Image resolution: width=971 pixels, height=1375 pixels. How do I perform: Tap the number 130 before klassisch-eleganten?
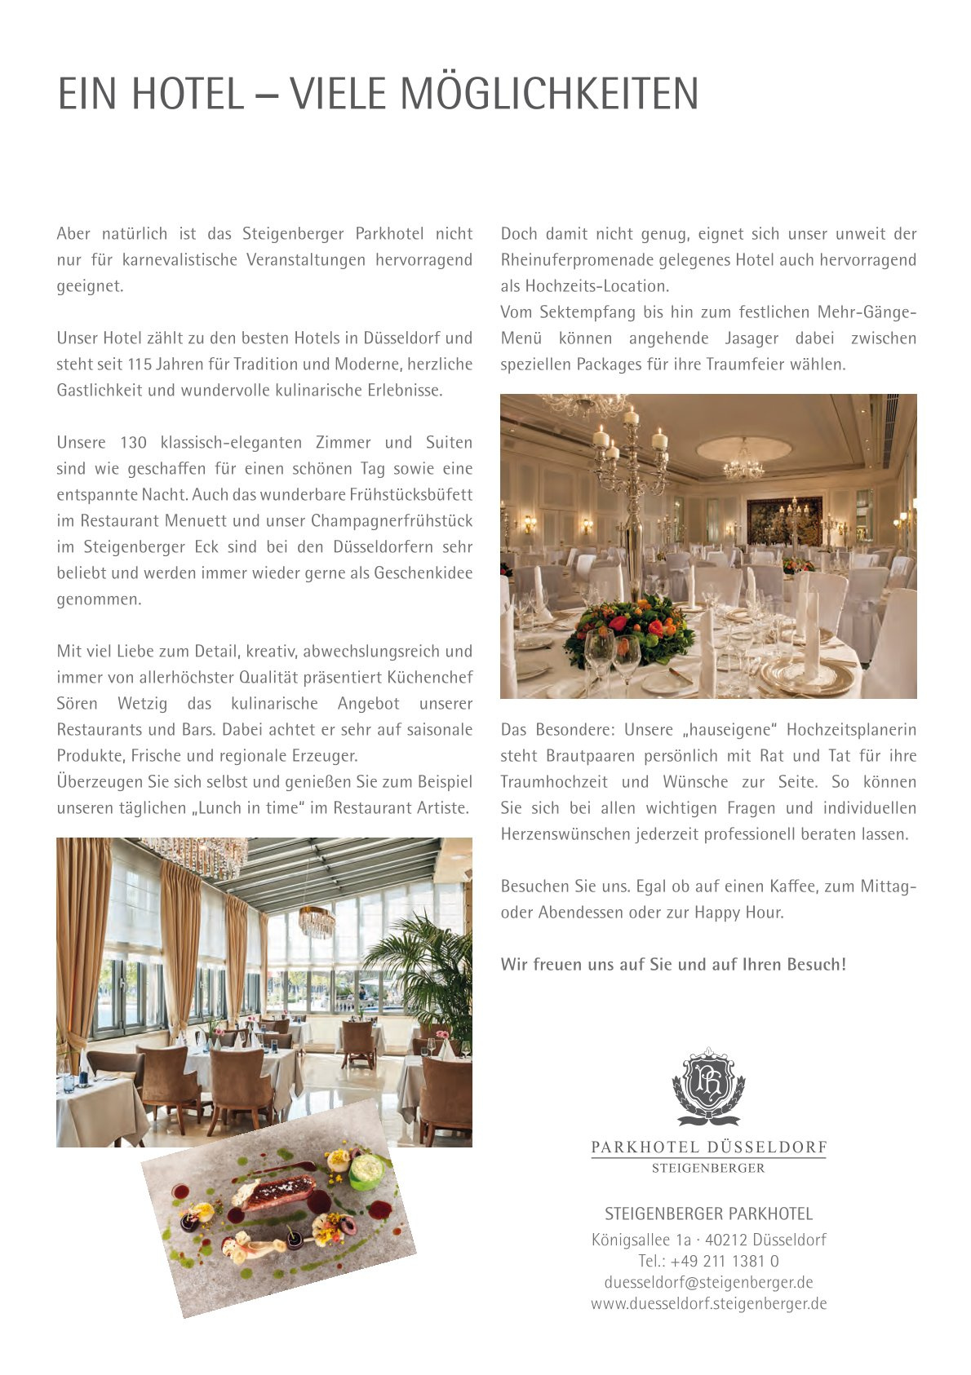pyautogui.click(x=133, y=442)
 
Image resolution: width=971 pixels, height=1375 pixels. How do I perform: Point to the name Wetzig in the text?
pyautogui.click(x=142, y=703)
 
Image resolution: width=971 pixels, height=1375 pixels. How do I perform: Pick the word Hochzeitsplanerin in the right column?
pyautogui.click(x=851, y=729)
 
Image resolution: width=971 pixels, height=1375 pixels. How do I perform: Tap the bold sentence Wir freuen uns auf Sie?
pyautogui.click(x=673, y=964)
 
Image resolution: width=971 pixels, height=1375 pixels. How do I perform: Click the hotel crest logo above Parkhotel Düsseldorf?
pyautogui.click(x=708, y=1086)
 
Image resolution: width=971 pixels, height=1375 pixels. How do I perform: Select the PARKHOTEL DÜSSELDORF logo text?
pyautogui.click(x=708, y=1147)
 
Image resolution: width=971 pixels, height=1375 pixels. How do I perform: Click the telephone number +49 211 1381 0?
pyautogui.click(x=708, y=1261)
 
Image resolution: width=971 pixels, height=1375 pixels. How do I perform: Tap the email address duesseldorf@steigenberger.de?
pyautogui.click(x=708, y=1282)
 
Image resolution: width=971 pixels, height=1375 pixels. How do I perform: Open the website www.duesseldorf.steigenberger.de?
pyautogui.click(x=708, y=1303)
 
